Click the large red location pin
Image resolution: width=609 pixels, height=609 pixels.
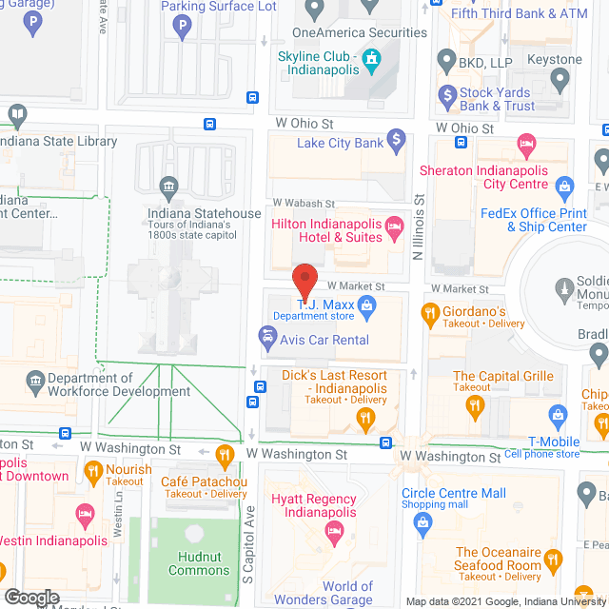pyautogui.click(x=304, y=281)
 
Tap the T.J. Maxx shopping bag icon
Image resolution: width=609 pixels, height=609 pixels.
pyautogui.click(x=367, y=305)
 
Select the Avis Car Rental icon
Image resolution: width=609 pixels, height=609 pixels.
pyautogui.click(x=268, y=336)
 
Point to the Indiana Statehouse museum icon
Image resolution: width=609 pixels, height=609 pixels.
pyautogui.click(x=169, y=185)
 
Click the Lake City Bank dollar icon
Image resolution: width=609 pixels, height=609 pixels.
pyautogui.click(x=398, y=143)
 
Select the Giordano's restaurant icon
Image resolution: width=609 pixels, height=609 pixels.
pyautogui.click(x=429, y=311)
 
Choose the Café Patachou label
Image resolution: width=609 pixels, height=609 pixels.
pyautogui.click(x=204, y=481)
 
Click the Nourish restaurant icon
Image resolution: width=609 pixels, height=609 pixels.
pyautogui.click(x=93, y=470)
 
